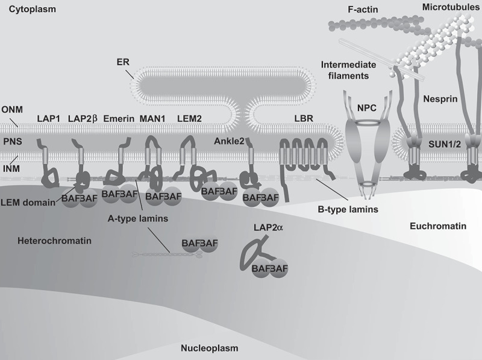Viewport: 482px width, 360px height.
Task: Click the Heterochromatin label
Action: tap(46, 240)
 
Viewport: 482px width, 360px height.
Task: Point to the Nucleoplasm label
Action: tap(210, 348)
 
